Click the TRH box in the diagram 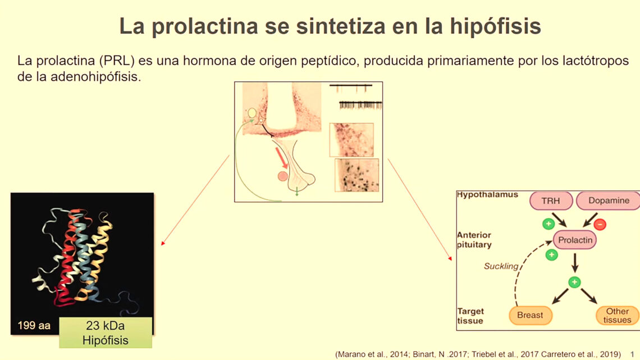(x=551, y=201)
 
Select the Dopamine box (x=608, y=201)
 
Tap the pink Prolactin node (x=575, y=240)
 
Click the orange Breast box (x=530, y=315)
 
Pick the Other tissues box (x=617, y=315)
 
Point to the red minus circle (x=600, y=225)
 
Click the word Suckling (x=501, y=266)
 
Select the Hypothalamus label (x=487, y=195)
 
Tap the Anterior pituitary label (x=474, y=240)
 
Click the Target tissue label (x=470, y=316)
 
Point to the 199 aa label (x=34, y=325)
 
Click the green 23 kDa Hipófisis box (x=106, y=332)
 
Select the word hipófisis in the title (x=496, y=26)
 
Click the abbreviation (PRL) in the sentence (x=116, y=61)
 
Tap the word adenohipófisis (x=95, y=76)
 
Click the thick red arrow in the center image (x=282, y=158)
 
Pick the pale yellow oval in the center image (x=252, y=113)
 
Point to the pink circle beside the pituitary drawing (x=282, y=176)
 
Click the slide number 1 (x=632, y=354)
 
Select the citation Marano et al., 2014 (x=373, y=354)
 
